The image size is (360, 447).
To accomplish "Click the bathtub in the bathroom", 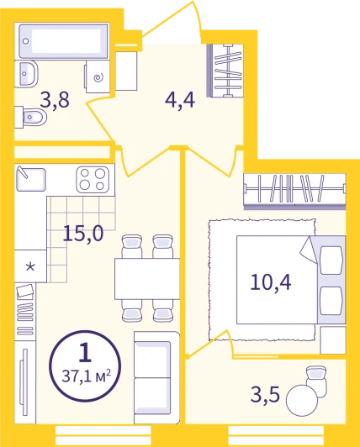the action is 64,41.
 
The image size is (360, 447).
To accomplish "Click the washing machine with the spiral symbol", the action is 98,76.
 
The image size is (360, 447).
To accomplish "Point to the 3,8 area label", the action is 55,100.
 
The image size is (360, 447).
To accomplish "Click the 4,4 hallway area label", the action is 180,100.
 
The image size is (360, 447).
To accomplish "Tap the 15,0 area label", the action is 83,234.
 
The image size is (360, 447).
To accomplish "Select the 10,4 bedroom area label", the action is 271,282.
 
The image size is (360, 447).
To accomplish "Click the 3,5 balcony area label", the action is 265,394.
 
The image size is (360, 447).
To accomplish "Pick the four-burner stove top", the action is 93,179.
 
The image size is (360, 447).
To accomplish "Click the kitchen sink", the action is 30,179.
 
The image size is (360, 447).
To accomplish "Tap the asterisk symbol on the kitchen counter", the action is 30,267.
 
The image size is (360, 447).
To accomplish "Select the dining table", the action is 147,278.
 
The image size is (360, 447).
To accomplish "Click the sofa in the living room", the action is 156,377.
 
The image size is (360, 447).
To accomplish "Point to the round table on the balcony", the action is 302,400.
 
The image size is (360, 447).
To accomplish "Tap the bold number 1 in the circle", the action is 85,353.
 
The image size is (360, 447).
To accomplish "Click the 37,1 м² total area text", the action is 86,376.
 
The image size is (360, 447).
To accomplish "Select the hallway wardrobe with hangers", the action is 225,71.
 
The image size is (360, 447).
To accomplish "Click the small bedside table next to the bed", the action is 333,339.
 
